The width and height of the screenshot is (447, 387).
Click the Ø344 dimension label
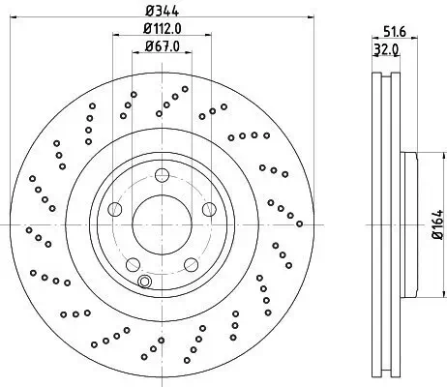pos(162,11)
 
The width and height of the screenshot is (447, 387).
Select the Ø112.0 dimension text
pos(163,29)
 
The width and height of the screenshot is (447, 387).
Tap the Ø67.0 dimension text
pos(162,46)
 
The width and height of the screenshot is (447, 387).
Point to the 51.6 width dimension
pos(395,32)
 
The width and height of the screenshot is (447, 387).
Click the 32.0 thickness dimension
pos(386,50)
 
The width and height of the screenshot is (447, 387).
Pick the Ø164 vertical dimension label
pos(437,224)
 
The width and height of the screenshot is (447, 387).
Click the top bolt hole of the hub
pos(162,175)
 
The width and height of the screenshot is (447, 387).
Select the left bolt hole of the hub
pos(115,209)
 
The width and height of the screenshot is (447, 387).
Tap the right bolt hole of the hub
pos(209,209)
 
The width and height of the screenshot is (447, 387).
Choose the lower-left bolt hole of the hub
pos(133,264)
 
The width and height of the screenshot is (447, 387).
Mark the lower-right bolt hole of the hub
pos(191,264)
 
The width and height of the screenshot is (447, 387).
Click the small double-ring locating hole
pos(144,282)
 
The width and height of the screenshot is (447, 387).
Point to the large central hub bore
pos(162,224)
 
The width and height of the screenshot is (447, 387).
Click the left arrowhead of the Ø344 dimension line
pos(14,17)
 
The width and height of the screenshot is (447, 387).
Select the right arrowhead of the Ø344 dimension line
pos(311,17)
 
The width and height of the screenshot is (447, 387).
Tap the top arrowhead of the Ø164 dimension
pos(441,156)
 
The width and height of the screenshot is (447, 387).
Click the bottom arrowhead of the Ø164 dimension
pos(441,293)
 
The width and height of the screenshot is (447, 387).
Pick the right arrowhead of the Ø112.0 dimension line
pos(208,34)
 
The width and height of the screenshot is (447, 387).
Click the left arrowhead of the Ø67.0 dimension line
pos(135,52)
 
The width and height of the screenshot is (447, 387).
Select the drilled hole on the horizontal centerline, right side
pos(299,223)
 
